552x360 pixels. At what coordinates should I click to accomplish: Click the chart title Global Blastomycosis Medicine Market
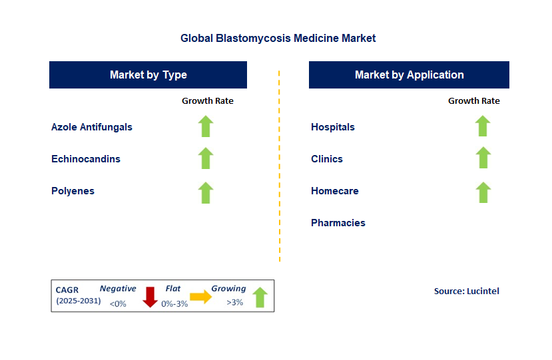coord(278,38)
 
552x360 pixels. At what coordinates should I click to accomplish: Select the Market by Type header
coord(148,75)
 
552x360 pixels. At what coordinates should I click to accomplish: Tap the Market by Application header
coord(409,75)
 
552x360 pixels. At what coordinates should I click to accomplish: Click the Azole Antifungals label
coord(92,127)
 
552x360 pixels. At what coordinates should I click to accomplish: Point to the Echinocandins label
coord(86,159)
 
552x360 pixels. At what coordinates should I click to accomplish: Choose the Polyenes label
coord(73,191)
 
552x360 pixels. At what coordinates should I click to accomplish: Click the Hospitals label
coord(333,127)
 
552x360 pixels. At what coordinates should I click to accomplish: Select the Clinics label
coord(327,159)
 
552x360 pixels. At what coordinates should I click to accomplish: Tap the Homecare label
coord(335,191)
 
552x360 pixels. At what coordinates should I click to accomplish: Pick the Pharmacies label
coord(338,223)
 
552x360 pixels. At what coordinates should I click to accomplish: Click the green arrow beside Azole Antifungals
coord(206,126)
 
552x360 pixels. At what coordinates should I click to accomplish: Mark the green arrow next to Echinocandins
coord(206,158)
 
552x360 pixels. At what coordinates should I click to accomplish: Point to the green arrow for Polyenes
coord(206,193)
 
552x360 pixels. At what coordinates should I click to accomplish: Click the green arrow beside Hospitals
coord(483,126)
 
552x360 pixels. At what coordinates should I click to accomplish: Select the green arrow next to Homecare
coord(483,192)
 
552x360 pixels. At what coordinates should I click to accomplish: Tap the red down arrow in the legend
coord(150,297)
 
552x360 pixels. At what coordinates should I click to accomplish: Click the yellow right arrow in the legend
coord(200,297)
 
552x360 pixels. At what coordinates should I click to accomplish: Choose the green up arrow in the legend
coord(260,297)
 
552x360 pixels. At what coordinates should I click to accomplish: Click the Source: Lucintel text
coord(467,291)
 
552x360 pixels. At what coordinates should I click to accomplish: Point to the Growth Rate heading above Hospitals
coord(474,100)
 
